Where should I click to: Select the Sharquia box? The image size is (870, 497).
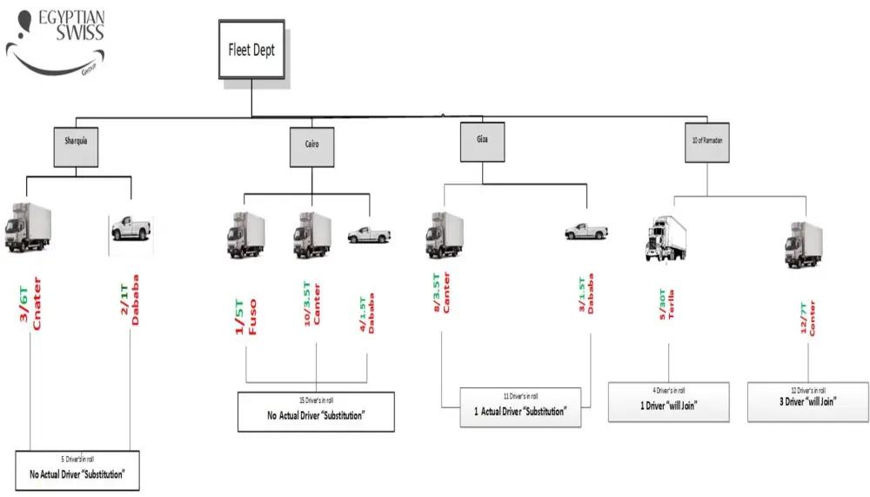75,144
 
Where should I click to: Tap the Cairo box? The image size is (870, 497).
311,146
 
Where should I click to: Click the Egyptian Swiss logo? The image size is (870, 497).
57,40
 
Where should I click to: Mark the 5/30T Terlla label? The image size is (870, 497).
667,306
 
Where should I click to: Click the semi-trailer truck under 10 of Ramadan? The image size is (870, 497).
666,237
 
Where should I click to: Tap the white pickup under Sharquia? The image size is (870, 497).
130,228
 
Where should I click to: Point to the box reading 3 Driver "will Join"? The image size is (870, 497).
807,401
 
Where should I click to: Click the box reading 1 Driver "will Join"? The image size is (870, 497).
667,401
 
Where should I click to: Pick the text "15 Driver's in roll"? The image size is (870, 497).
316,400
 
